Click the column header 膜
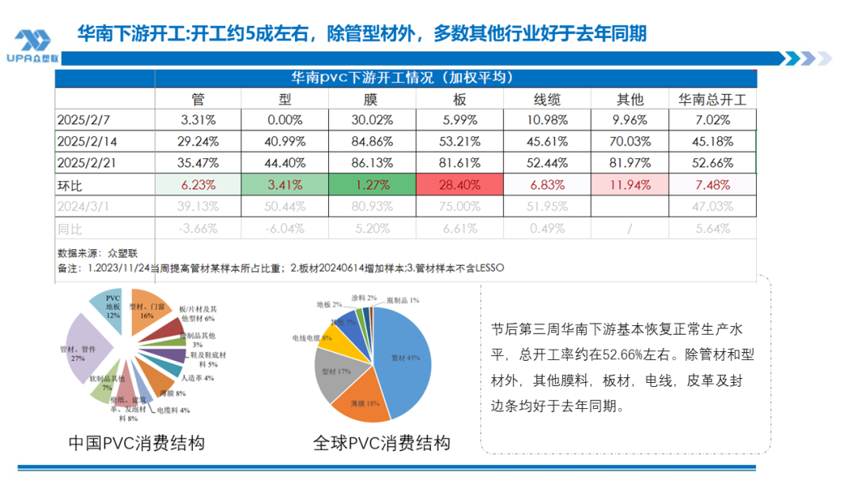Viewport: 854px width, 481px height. [x=370, y=99]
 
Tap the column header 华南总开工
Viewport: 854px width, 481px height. [x=712, y=99]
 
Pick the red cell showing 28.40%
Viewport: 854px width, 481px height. [x=459, y=186]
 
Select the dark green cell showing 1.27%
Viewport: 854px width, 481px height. [x=370, y=186]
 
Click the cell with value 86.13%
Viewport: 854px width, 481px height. [x=370, y=164]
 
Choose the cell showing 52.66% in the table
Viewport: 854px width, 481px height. [x=712, y=164]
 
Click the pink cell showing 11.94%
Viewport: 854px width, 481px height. [x=629, y=186]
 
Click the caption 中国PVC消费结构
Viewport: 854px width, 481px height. [x=137, y=443]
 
